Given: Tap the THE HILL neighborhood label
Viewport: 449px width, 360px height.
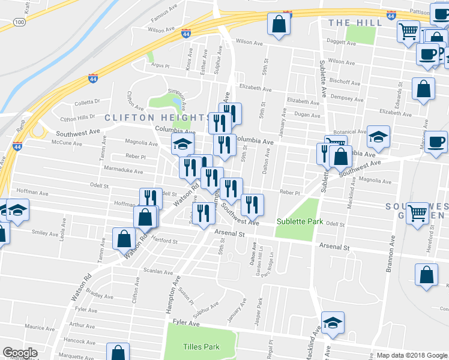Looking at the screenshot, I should tap(355, 22).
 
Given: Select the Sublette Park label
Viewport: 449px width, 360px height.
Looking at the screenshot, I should tap(300, 221).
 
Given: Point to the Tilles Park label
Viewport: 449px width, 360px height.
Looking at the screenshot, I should tap(201, 347).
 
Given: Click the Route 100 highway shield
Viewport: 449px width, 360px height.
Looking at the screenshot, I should tap(19, 22).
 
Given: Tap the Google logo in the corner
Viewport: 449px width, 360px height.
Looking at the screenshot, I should tap(20, 353).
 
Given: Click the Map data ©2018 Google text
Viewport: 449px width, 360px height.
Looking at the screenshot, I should tap(411, 355).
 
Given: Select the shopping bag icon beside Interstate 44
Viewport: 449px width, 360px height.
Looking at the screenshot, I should tap(279, 25).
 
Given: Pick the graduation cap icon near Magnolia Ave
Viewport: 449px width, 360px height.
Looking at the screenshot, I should tap(183, 143).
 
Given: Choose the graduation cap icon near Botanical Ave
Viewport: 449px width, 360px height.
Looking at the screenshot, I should tap(378, 136).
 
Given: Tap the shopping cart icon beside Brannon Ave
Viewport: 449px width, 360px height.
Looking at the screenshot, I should tap(417, 212).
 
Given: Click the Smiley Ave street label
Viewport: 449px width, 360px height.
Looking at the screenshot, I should tap(46, 233).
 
